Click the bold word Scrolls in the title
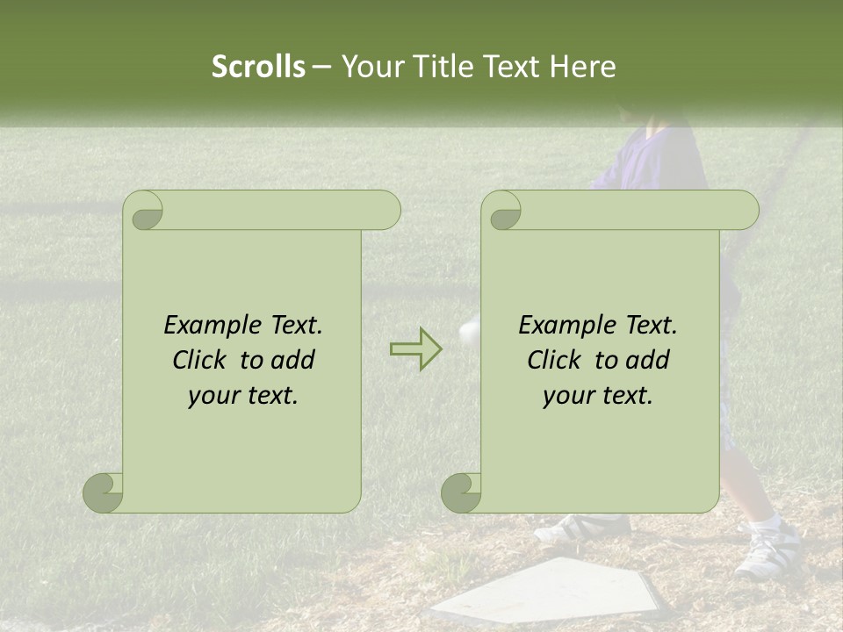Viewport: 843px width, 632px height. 258,67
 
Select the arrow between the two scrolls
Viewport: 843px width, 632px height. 415,348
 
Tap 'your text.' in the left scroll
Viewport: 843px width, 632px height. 243,395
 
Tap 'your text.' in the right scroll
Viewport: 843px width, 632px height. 598,395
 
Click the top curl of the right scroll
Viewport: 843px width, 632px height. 503,212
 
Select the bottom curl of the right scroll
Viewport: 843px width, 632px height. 461,492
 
